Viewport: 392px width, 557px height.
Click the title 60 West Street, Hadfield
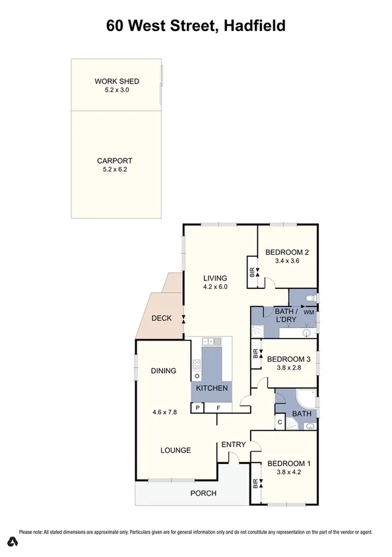point(196,26)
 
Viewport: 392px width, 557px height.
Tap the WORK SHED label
point(117,82)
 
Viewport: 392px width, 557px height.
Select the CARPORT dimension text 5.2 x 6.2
point(115,170)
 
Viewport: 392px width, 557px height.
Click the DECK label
point(161,318)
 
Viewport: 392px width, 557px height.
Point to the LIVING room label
point(214,278)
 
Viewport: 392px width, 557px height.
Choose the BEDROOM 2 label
point(287,252)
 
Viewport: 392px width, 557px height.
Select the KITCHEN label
point(212,388)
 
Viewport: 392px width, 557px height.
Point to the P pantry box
point(197,409)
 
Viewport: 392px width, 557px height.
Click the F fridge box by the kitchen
point(218,409)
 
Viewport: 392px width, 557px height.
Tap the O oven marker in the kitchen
point(197,376)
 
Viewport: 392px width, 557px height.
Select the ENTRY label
point(232,444)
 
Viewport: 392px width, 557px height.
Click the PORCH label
point(203,493)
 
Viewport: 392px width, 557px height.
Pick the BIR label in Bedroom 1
point(253,486)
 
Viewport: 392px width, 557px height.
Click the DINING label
point(163,371)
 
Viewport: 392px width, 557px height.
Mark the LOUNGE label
point(176,450)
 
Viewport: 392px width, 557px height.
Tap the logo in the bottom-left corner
point(11,542)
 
